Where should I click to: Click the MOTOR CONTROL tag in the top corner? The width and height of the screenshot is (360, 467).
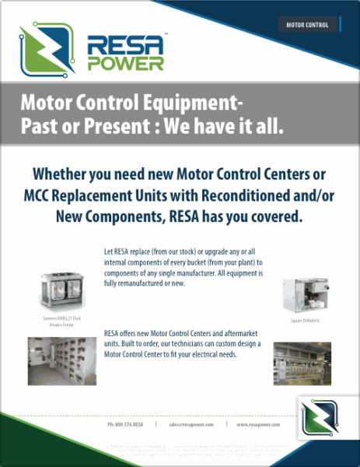(x=307, y=25)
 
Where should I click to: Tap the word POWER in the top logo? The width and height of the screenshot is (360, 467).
(x=126, y=64)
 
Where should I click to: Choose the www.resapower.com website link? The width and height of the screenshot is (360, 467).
(x=258, y=425)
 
